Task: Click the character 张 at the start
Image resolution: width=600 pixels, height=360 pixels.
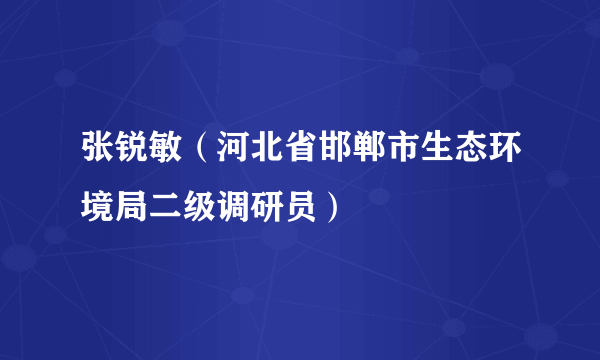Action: [98, 158]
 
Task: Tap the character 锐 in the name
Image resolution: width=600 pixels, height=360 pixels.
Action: [133, 158]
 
